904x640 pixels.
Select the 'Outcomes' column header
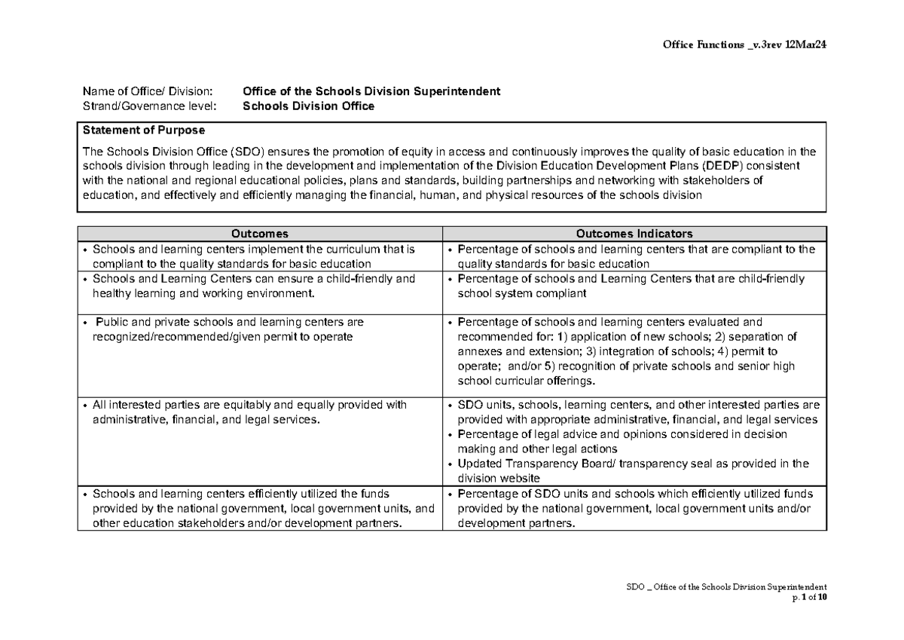[260, 234]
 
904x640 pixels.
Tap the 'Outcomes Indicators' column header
[634, 234]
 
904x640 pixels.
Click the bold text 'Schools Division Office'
[308, 106]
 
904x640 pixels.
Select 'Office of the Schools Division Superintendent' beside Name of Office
[371, 92]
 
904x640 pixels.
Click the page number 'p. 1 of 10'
[809, 597]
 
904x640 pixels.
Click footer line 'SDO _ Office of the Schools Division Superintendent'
[727, 586]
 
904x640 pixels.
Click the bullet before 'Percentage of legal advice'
[450, 435]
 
